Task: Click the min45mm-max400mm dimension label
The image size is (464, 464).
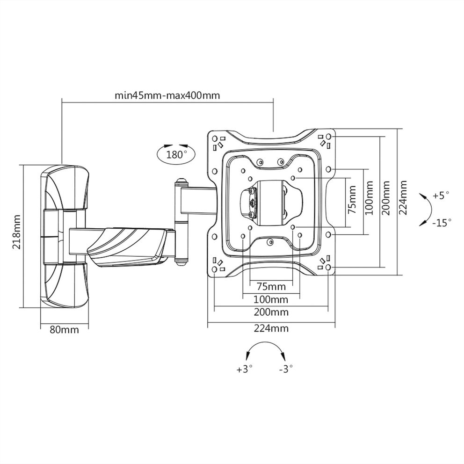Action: point(167,95)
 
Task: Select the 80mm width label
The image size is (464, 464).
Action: point(64,329)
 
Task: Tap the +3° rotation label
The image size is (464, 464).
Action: point(244,369)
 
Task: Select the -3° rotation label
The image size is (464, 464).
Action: point(285,369)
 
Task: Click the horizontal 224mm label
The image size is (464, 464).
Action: point(271,328)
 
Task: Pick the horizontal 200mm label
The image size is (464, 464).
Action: point(271,312)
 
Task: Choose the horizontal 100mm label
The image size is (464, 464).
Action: point(271,299)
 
